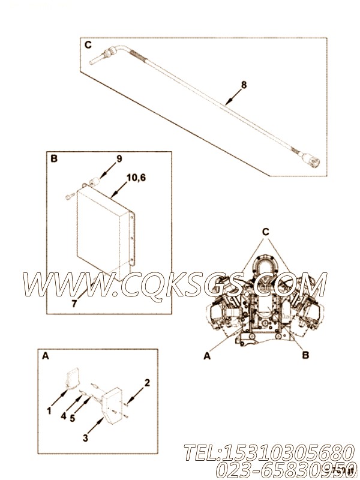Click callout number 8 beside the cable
coord(244,85)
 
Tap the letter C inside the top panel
coord(88,45)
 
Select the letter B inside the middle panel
coord(54,159)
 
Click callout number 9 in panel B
coord(119,159)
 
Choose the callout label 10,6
coord(136,177)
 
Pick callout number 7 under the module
coord(74,304)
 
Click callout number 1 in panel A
coord(49,410)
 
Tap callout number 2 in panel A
coord(148,382)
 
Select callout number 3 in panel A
coord(85,438)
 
